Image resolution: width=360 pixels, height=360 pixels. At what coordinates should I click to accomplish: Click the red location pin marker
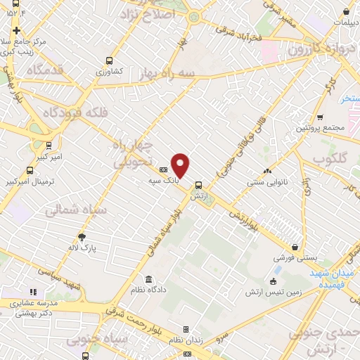(x=180, y=165)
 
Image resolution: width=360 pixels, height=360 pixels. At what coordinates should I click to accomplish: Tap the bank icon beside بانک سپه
(x=163, y=169)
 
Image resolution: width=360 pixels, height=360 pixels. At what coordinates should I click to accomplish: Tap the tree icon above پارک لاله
(x=82, y=237)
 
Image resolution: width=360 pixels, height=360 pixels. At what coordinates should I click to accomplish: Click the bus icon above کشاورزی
(x=108, y=60)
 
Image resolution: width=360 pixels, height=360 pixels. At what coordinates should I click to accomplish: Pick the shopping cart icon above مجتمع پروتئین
(x=320, y=117)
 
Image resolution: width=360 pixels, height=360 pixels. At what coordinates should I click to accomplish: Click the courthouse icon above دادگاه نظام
(x=148, y=278)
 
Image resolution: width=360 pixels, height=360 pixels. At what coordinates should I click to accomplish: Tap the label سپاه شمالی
(x=75, y=210)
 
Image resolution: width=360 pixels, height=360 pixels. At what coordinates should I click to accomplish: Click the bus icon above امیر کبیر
(x=48, y=146)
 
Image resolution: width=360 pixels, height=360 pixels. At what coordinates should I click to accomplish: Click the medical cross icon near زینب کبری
(x=16, y=31)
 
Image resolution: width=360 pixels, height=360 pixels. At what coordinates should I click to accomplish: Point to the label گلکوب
(x=330, y=160)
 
